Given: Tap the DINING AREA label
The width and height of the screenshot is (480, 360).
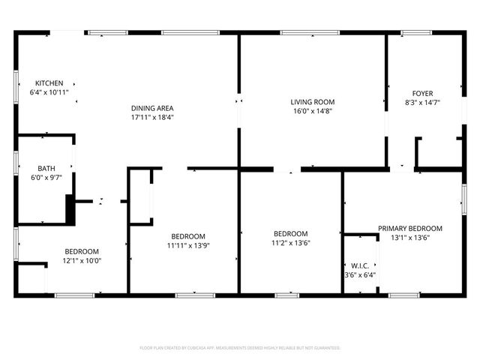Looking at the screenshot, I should pos(152,108).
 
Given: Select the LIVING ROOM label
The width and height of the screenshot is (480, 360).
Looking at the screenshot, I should pos(312,102).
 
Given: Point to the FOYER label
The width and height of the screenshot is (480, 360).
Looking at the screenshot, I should pos(421,94).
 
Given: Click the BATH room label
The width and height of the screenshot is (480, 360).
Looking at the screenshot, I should pos(46,168).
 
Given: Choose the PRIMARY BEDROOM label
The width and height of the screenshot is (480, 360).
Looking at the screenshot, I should pos(409,229).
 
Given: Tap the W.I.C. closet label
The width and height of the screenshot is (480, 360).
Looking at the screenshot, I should pos(360,265).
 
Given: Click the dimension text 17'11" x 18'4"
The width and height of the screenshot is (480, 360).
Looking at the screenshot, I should pos(152,117).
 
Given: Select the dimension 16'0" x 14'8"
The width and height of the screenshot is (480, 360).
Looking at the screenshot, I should pos(312,111).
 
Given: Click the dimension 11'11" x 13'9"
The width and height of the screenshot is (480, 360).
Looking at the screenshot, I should pos(189,245).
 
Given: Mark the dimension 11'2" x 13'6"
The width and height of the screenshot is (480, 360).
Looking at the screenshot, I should pos(290,243).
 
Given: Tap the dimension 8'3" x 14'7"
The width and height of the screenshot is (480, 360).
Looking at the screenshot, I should pos(421,103).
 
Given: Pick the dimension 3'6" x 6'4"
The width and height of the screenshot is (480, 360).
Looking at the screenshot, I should pos(360,274).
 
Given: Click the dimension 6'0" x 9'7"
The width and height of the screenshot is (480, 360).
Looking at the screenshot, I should pos(46,178).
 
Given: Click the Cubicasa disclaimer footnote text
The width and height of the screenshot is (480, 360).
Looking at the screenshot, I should pos(240,348).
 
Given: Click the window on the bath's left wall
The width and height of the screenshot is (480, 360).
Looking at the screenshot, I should pos(16,163).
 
